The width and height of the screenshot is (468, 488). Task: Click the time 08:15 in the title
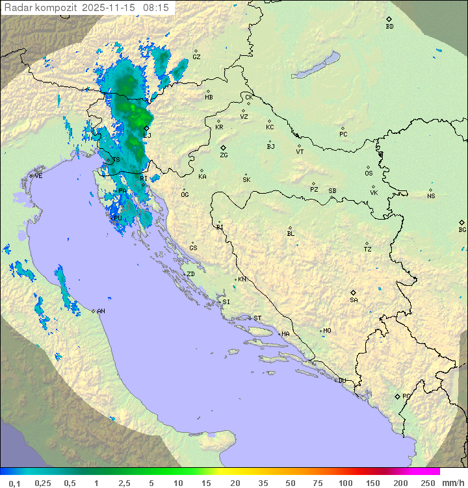coord(157,8)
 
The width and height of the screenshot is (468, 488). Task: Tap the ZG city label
coord(224,155)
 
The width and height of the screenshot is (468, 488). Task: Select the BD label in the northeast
coord(389,27)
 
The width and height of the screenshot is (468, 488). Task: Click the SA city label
coord(354,300)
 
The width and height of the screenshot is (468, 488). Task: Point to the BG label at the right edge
coord(462,229)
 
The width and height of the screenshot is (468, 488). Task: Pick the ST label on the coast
coord(257,318)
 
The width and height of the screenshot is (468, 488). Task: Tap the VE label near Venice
coord(38,176)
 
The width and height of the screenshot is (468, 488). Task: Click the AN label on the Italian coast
coord(101,311)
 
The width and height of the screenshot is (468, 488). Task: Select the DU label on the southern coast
coord(341,381)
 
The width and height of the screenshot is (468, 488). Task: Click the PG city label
coord(406,396)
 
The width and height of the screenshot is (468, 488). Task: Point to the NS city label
coord(431,196)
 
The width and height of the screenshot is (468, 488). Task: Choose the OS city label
coord(369,173)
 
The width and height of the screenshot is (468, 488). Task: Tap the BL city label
coord(291,234)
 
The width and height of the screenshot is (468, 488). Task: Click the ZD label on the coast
coord(190,274)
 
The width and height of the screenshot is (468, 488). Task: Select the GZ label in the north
coord(196,57)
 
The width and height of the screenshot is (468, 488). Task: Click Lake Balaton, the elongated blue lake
coord(316,66)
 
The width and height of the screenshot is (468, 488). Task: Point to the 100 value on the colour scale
coord(345,483)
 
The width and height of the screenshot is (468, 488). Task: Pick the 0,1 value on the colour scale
coord(15,483)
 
